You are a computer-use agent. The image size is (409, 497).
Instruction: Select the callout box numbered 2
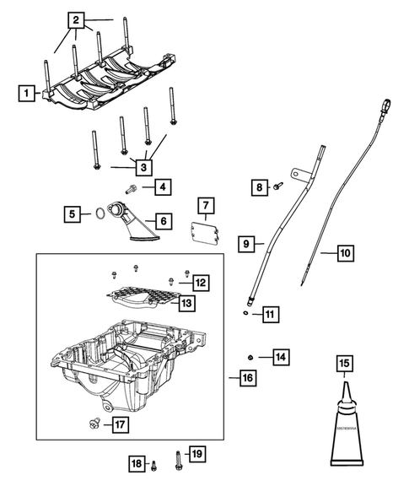(x=77, y=19)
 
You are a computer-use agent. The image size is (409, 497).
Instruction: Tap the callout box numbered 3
(x=145, y=167)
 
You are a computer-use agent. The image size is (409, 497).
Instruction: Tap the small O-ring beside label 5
(x=100, y=214)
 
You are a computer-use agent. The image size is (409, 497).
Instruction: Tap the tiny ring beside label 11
(x=245, y=313)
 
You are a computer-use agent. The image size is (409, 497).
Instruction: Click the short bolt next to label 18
(x=154, y=463)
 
